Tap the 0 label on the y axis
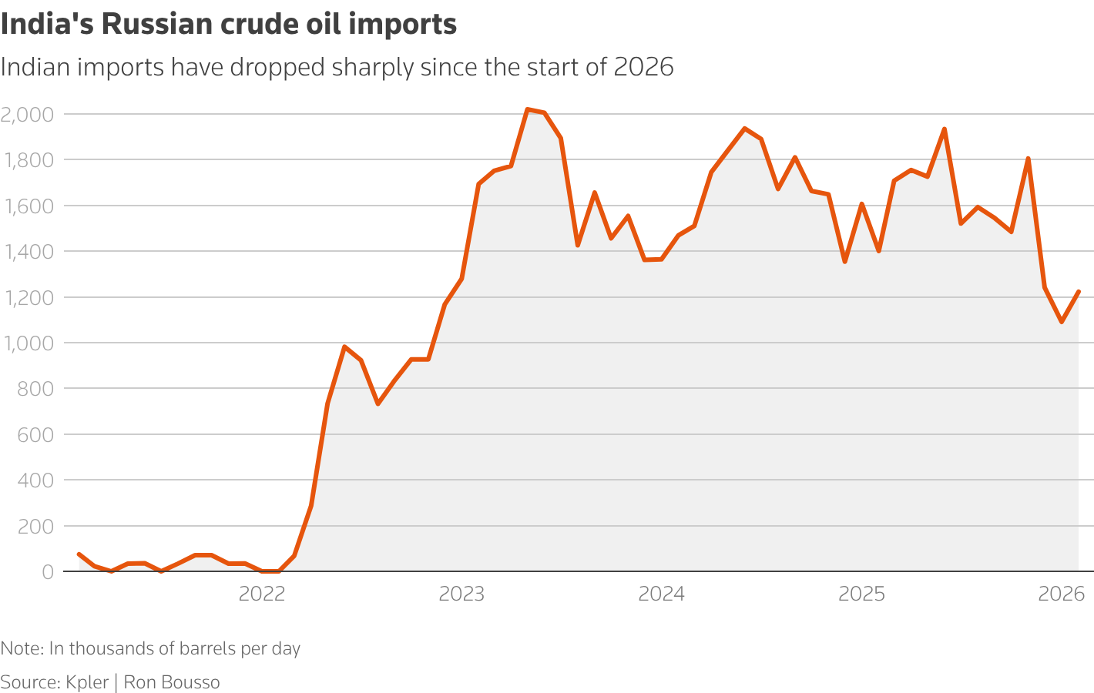48,572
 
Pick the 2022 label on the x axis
262,594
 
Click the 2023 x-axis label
461,594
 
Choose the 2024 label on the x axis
661,594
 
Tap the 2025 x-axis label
861,594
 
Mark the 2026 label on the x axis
1061,594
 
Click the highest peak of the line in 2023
527,109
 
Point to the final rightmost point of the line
1079,292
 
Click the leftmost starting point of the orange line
79,554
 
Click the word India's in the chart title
47,25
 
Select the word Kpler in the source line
87,682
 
